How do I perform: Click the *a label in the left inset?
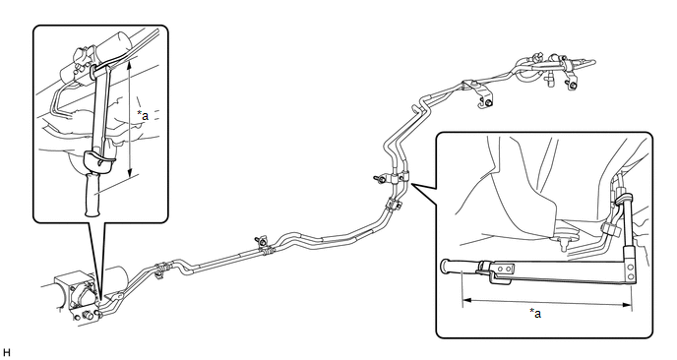click(143, 115)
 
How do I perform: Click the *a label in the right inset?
click(535, 313)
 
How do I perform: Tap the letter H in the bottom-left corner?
click(6, 353)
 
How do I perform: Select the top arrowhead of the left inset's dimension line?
click(129, 64)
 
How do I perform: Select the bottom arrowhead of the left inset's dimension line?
click(130, 173)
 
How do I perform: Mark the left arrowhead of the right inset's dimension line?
click(467, 300)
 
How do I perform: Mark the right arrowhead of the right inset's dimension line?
click(627, 305)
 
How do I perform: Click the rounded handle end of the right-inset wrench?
click(445, 266)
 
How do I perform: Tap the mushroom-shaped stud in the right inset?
click(565, 241)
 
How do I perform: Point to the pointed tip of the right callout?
click(412, 184)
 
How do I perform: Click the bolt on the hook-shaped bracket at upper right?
click(488, 103)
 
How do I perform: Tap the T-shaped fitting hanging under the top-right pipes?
click(550, 79)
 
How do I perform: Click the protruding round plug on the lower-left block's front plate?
click(88, 315)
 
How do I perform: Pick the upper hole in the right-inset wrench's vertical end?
click(631, 266)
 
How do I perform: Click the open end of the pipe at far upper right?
click(594, 62)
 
